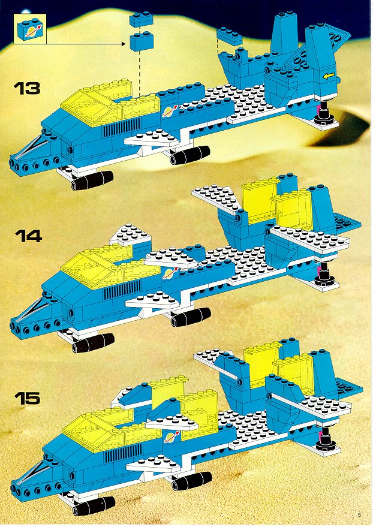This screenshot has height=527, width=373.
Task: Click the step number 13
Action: click(27, 88)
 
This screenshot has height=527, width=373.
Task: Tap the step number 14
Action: click(28, 236)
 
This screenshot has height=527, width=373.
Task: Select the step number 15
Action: click(27, 398)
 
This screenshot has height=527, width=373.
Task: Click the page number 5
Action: click(359, 514)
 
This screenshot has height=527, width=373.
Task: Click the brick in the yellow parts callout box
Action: click(30, 29)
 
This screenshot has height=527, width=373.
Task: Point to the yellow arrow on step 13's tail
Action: click(329, 76)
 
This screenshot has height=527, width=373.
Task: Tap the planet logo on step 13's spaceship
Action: click(170, 111)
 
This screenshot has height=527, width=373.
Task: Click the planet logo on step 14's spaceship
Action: click(170, 273)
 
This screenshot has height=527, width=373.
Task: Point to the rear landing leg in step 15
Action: click(327, 439)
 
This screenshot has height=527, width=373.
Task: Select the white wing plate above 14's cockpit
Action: click(131, 234)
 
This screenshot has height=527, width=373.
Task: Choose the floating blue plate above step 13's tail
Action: click(230, 37)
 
